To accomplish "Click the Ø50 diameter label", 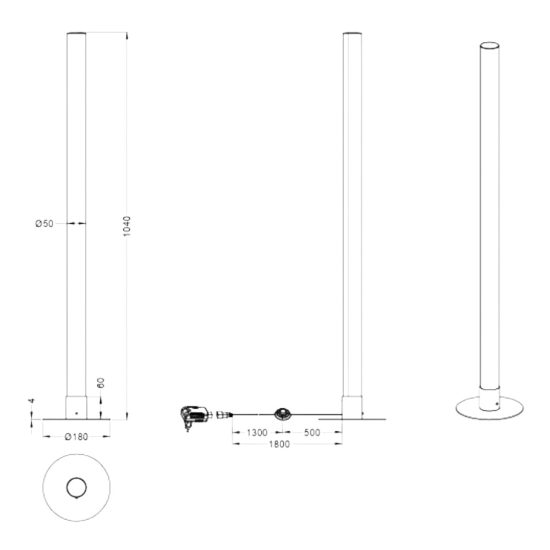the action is point(45,223).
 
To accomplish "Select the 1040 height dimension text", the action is point(127,226).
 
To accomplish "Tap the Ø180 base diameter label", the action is point(76,437).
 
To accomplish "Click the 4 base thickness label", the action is point(32,400).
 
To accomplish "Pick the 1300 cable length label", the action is point(257,432).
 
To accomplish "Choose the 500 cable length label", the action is point(312,432).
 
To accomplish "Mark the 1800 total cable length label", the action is point(279,444).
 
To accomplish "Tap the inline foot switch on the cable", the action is point(282,414).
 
